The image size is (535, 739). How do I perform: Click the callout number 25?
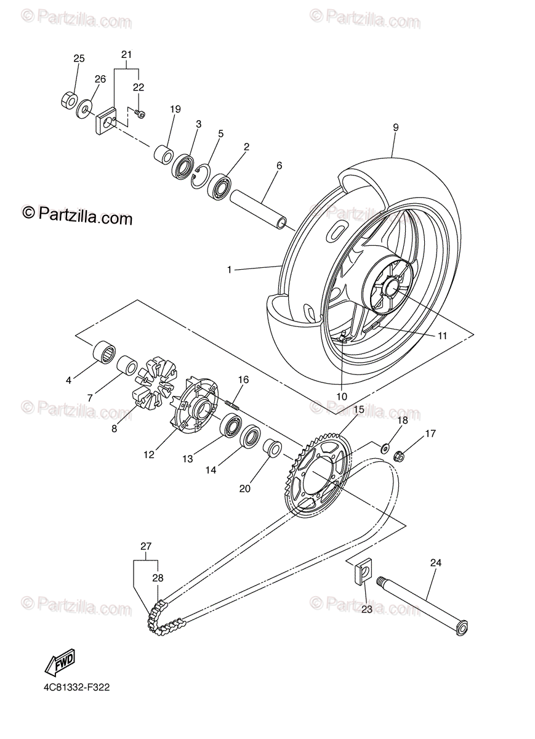(x=79, y=59)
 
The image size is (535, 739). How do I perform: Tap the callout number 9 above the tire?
(x=396, y=127)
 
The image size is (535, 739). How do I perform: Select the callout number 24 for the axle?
(x=436, y=562)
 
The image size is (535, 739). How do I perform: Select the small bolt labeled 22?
(x=140, y=114)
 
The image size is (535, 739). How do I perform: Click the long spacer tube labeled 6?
(x=259, y=209)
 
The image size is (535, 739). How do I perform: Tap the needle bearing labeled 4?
(x=103, y=353)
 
